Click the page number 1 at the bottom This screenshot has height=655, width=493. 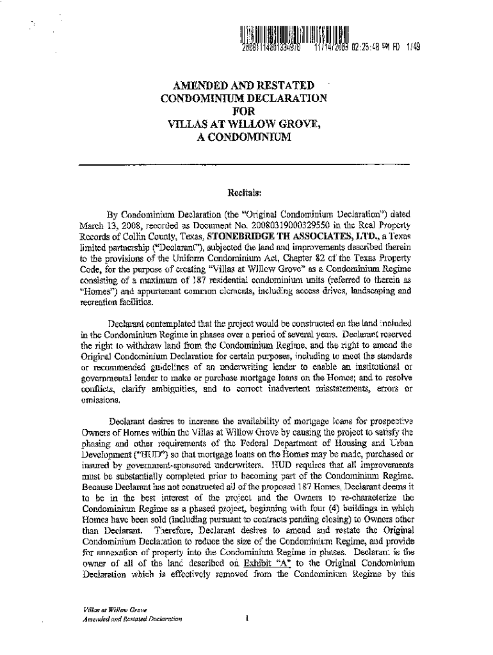[246, 619]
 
